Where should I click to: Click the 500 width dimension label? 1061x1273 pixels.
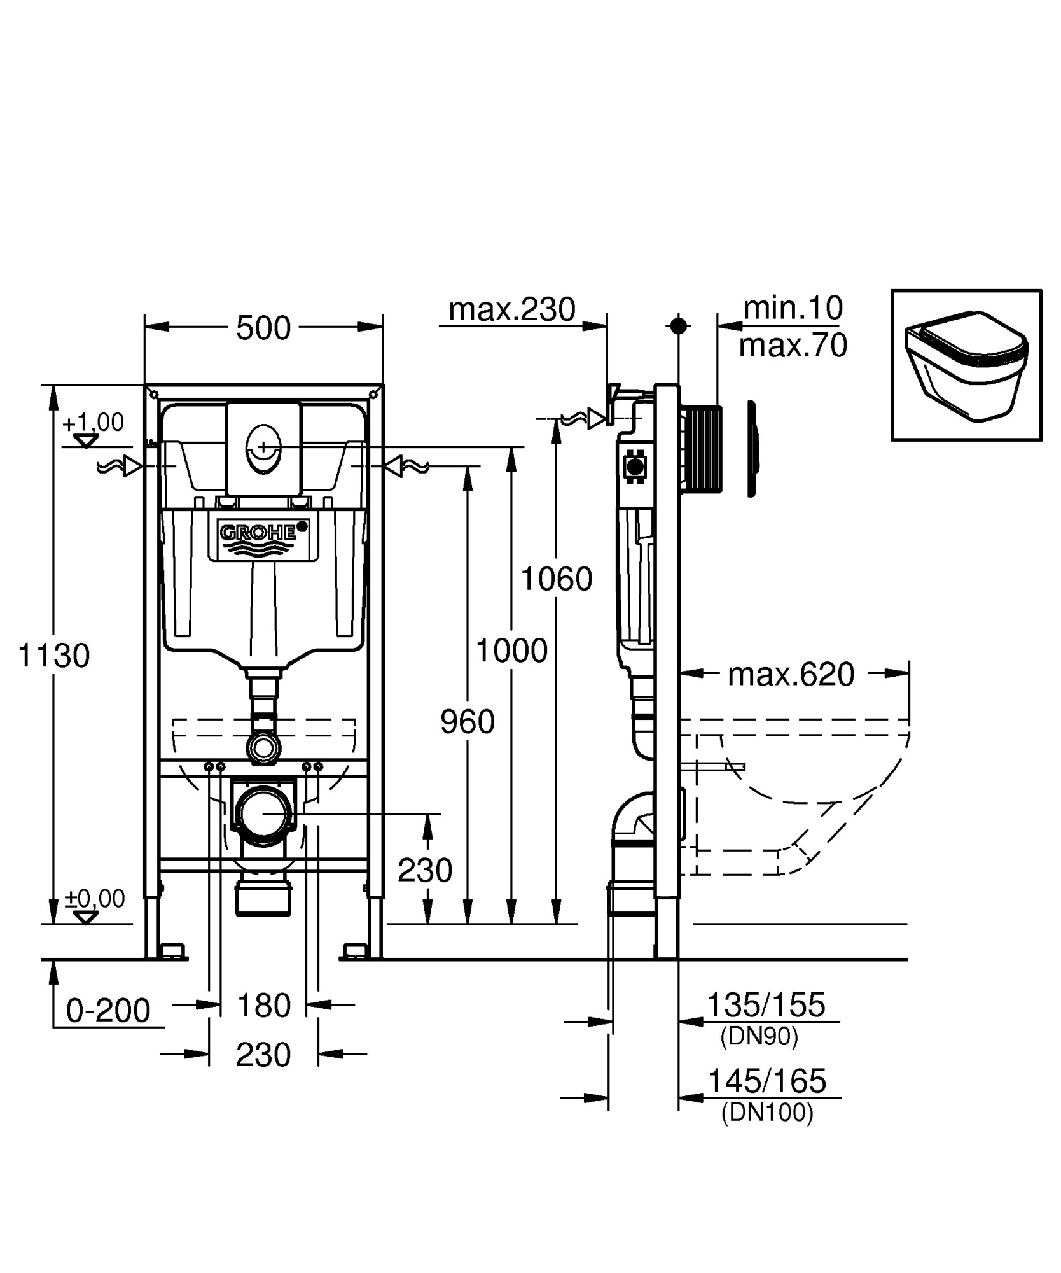[x=263, y=328]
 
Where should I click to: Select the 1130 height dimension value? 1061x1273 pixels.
[x=54, y=656]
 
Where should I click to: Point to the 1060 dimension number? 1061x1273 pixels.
[x=557, y=579]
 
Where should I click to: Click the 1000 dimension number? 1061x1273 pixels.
[x=512, y=651]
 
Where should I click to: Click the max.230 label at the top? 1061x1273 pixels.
[x=512, y=310]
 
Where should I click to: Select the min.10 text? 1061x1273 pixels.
[x=793, y=308]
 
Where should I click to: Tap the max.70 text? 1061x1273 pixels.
[x=793, y=346]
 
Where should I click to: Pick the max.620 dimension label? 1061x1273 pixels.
[x=791, y=675]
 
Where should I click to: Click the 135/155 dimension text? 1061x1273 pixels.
[x=766, y=1006]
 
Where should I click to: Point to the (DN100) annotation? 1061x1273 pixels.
[x=767, y=1113]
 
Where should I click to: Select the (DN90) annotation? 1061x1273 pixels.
[x=759, y=1037]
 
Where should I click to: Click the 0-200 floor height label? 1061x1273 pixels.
[x=108, y=1011]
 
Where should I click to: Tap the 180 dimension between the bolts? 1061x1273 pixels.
[x=263, y=1006]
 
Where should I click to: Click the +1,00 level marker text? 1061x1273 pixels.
[x=94, y=422]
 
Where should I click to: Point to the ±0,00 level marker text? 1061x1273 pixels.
[x=95, y=899]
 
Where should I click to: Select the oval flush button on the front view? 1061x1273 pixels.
[x=263, y=450]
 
